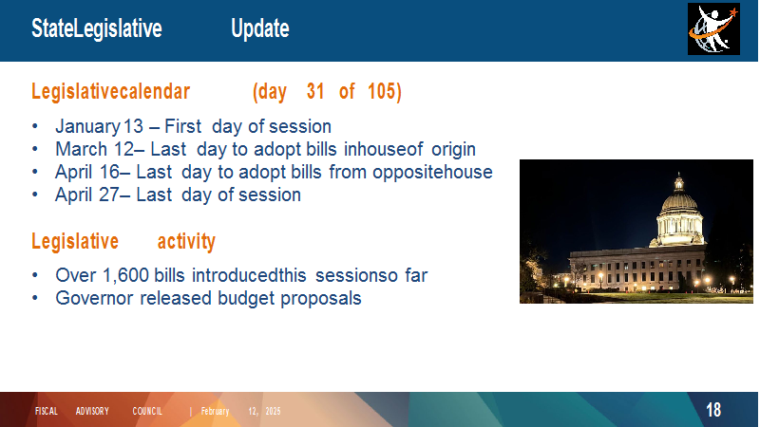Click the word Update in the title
259,29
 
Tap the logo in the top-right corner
713,29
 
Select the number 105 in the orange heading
383,91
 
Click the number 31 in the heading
315,91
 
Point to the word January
87,127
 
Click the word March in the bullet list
81,149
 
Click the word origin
453,150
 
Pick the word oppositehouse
432,173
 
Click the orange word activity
186,241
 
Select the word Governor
94,298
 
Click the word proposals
321,299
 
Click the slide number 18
713,411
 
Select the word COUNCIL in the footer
147,411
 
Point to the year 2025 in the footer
273,411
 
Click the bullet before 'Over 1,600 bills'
35,275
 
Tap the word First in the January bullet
182,127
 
